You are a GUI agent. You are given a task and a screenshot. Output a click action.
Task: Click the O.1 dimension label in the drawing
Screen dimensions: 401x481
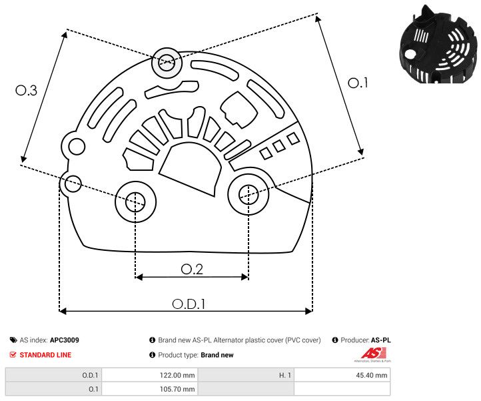tap(358, 83)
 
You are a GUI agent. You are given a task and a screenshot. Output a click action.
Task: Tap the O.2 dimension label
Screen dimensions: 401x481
tap(192, 269)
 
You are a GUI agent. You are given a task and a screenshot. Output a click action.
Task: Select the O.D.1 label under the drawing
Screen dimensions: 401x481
tap(189, 304)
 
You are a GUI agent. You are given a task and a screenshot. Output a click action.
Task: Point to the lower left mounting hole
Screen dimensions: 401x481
tap(135, 199)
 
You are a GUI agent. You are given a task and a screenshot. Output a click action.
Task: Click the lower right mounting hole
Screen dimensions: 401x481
tap(248, 194)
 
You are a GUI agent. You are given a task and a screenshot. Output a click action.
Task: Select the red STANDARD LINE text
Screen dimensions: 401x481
tap(45, 355)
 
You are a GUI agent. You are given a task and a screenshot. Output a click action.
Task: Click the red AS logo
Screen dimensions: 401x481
tap(370, 353)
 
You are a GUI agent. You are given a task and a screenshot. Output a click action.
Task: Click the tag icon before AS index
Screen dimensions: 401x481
tap(14, 340)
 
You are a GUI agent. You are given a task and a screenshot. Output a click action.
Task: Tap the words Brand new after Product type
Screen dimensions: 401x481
tap(217, 355)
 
